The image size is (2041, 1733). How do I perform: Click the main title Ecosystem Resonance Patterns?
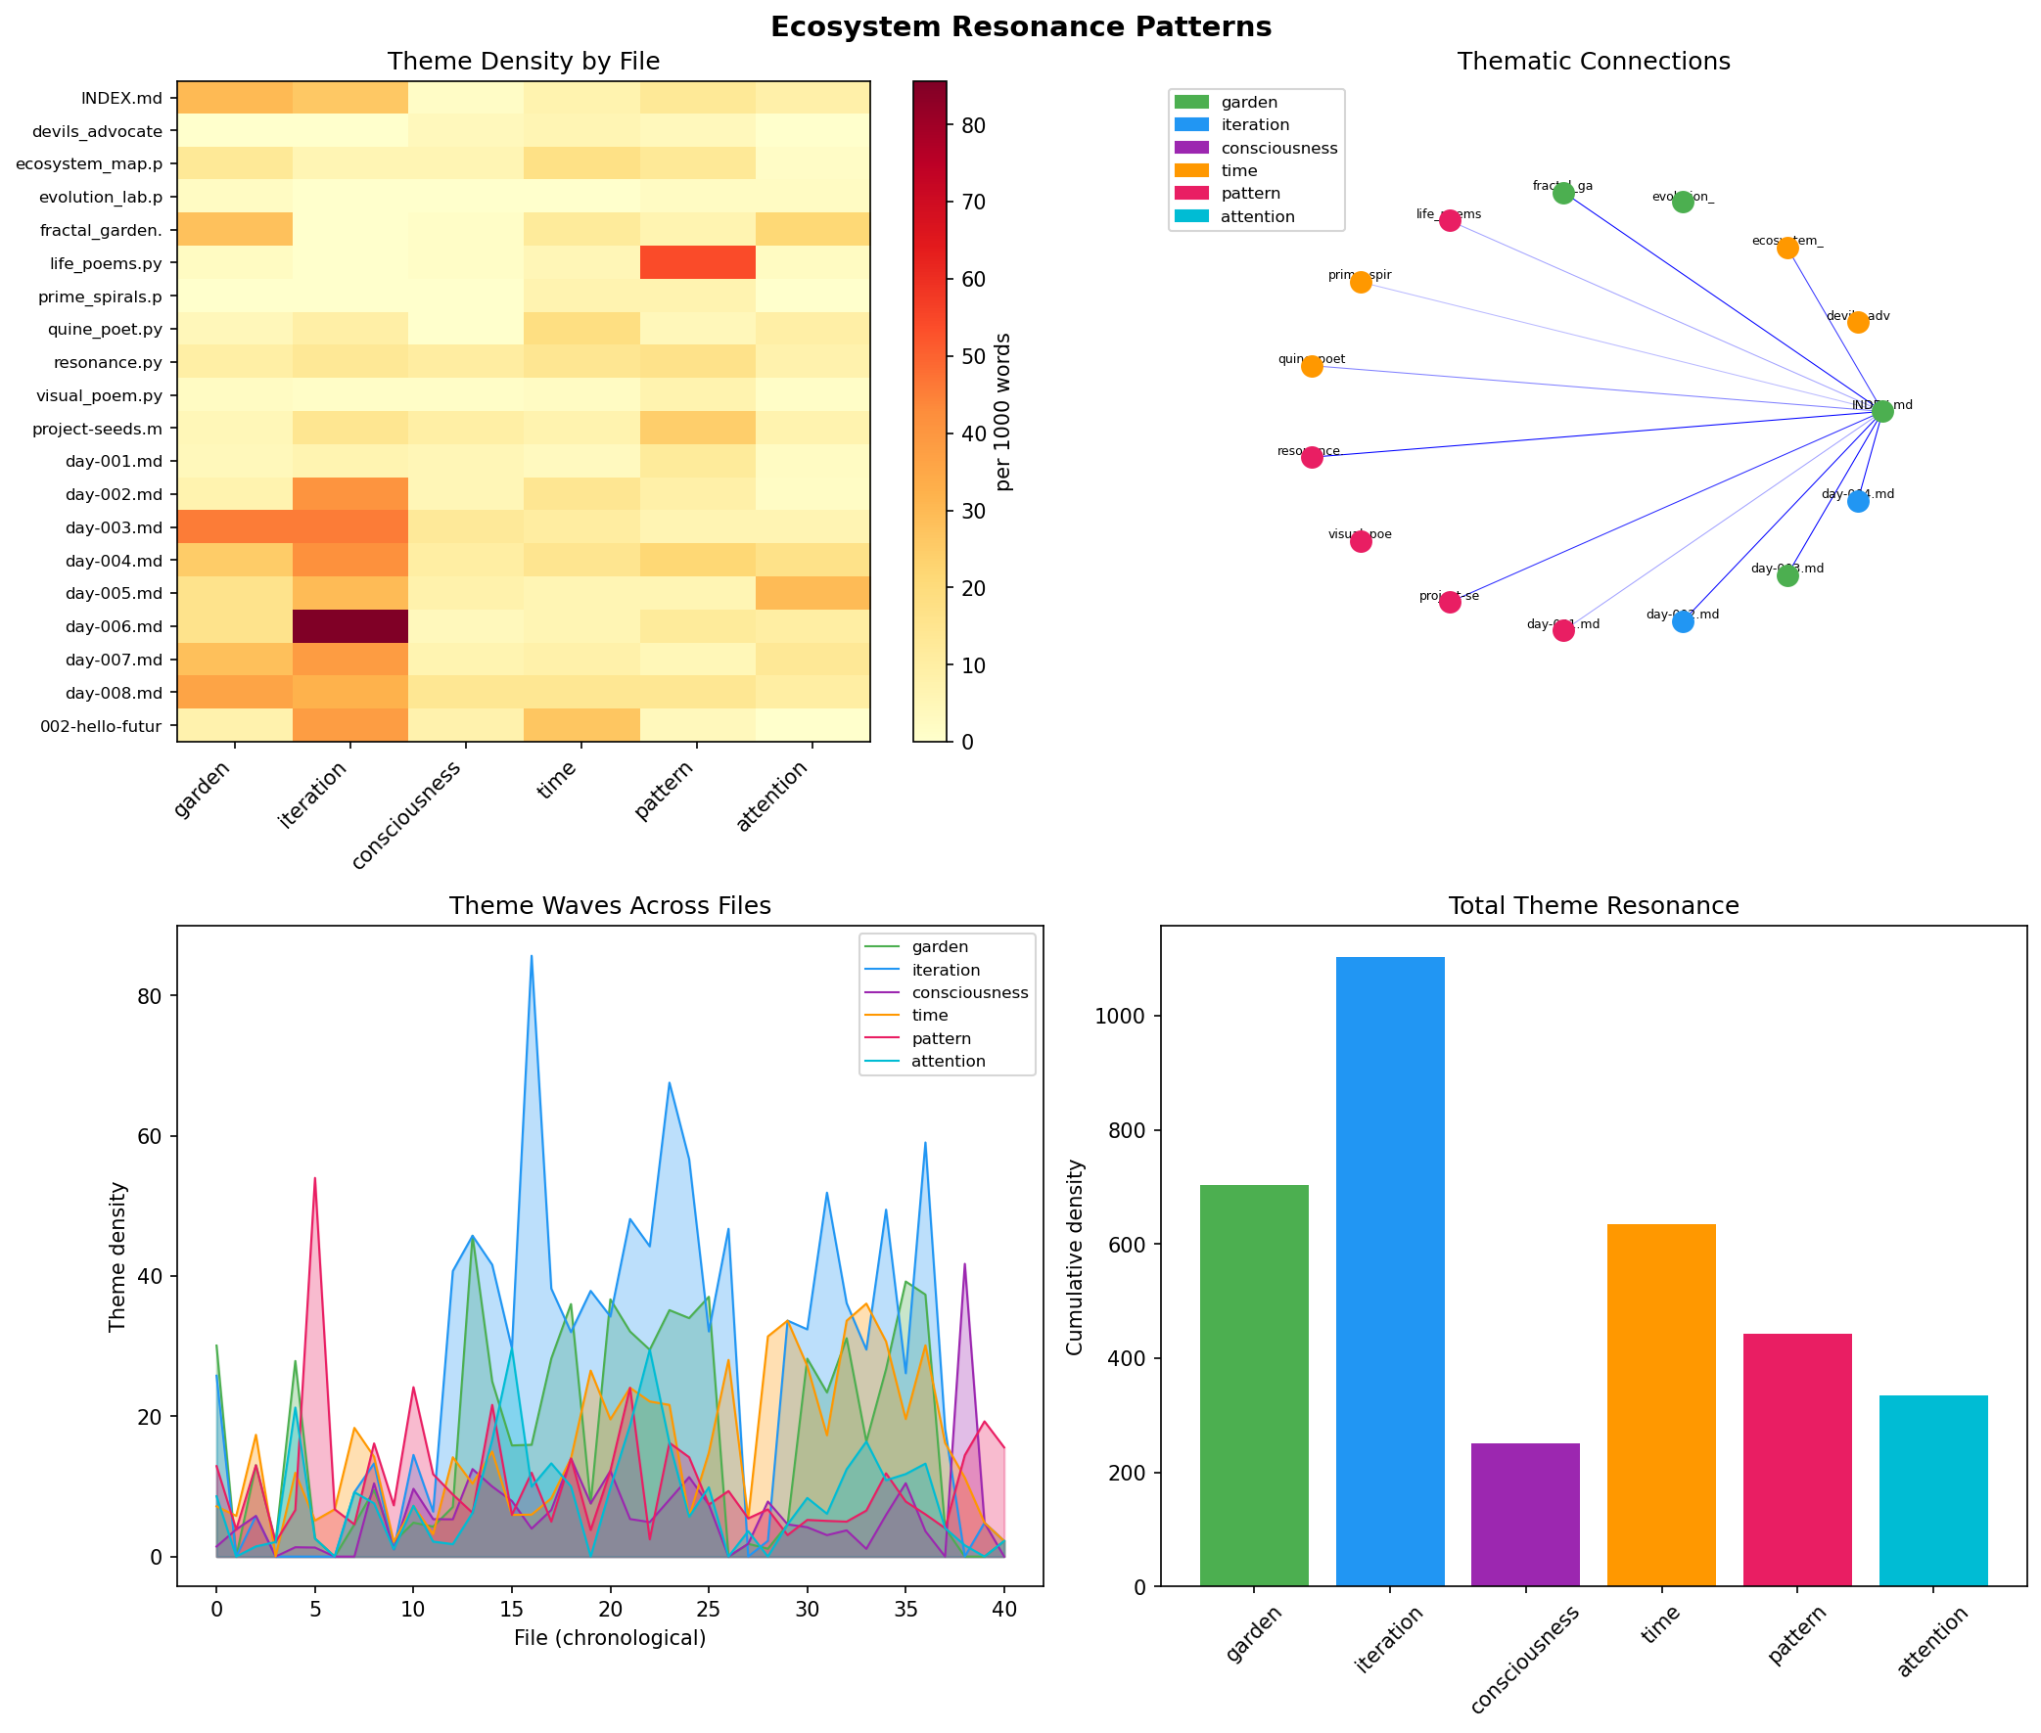[x=1020, y=26]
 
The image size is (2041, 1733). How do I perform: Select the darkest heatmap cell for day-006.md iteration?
[x=349, y=626]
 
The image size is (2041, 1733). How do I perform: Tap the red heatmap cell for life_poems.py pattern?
[x=697, y=262]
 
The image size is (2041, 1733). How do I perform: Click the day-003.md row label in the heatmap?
[x=114, y=527]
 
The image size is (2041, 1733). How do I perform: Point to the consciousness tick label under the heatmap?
[x=406, y=815]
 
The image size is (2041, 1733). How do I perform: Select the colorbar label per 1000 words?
[x=1003, y=412]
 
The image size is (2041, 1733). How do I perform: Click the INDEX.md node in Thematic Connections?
[x=1880, y=411]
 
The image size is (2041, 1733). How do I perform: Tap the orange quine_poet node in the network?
[x=1312, y=366]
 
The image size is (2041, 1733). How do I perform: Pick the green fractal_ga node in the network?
[x=1562, y=194]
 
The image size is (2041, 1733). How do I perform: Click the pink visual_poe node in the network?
[x=1360, y=541]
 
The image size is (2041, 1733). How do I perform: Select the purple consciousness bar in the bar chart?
[x=1524, y=1514]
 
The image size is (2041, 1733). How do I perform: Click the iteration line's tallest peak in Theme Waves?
[x=532, y=956]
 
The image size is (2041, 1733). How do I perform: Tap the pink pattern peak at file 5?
[x=314, y=1178]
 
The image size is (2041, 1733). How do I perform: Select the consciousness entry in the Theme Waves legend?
[x=968, y=992]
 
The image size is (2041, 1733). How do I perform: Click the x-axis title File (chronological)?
[x=609, y=1638]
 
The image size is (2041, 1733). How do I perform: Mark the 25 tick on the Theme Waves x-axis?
[x=709, y=1609]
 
